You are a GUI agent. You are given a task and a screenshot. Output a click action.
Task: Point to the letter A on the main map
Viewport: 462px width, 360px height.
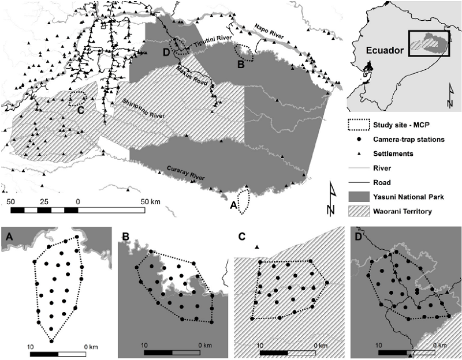click(x=233, y=204)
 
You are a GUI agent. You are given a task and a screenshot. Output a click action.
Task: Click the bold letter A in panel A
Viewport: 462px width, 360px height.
click(x=8, y=236)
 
